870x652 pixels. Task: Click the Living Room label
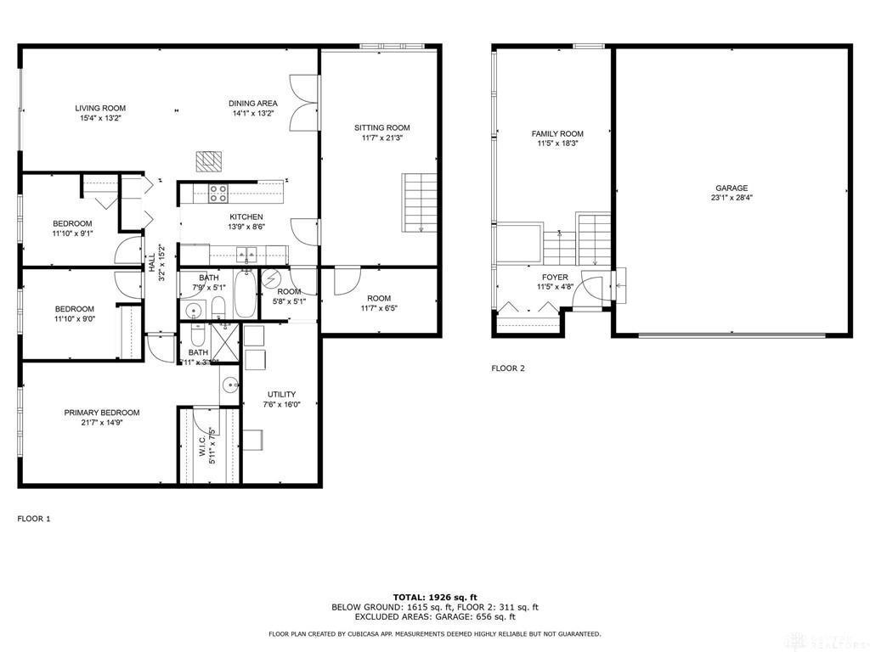click(100, 108)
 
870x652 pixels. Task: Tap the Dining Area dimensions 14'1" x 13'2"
click(253, 113)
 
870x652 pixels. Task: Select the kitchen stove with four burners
click(218, 193)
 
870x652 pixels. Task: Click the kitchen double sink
click(247, 252)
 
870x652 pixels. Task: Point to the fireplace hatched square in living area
click(208, 160)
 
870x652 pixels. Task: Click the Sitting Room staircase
click(420, 201)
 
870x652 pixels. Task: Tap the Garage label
click(731, 188)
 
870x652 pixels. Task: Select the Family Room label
click(557, 133)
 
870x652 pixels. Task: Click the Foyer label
click(555, 278)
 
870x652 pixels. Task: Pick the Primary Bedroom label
click(102, 413)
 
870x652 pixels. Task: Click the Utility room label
click(281, 394)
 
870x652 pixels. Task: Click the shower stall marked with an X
click(225, 344)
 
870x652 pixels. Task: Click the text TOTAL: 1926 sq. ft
click(434, 597)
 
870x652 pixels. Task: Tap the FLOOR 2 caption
click(508, 368)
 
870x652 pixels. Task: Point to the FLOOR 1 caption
click(34, 518)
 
